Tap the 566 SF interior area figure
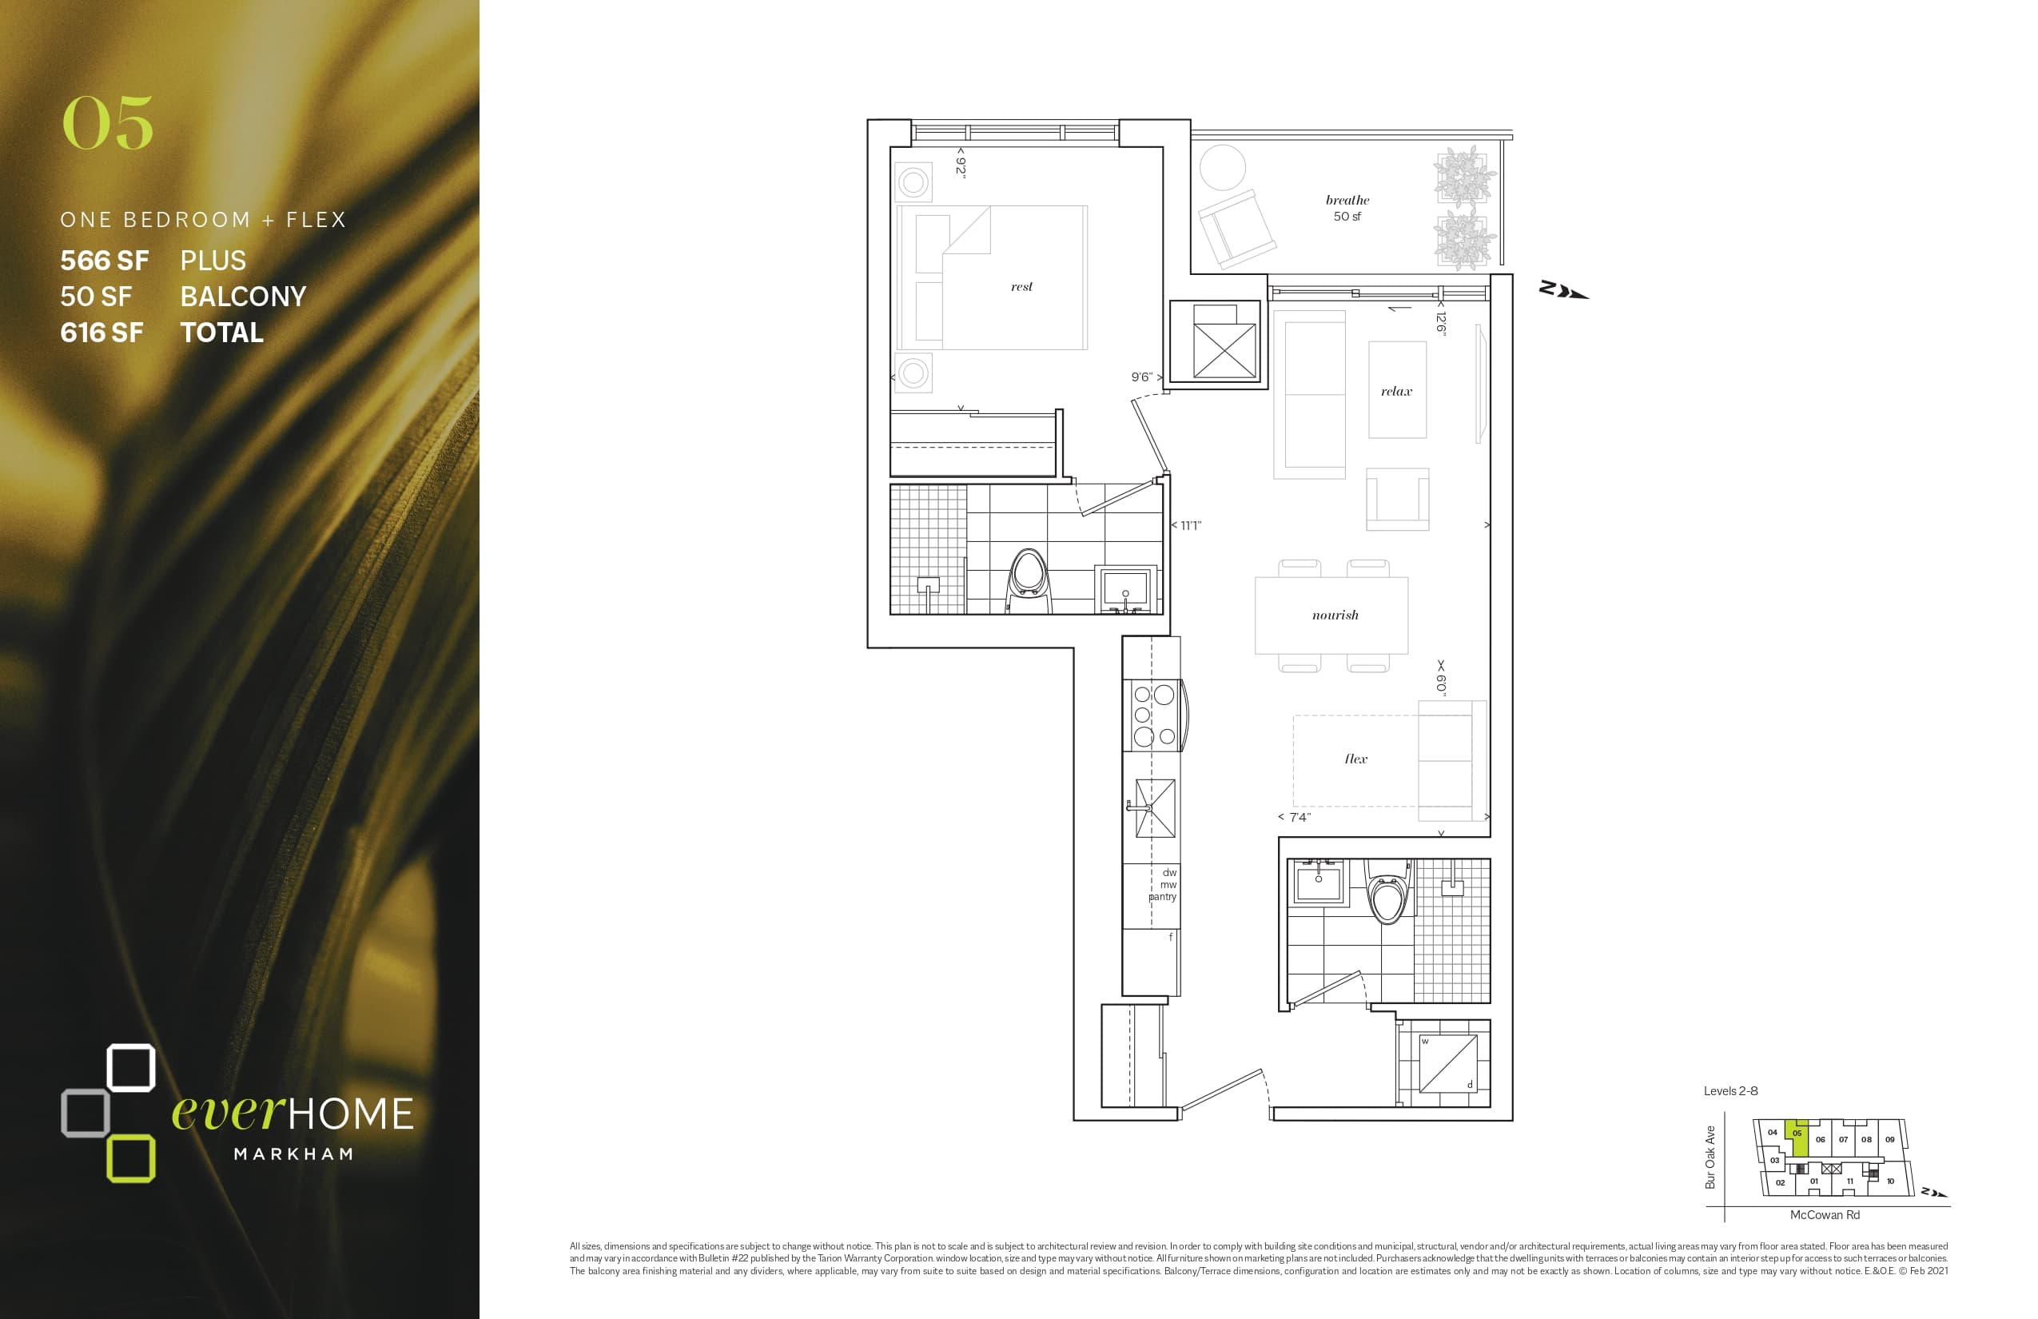click(105, 261)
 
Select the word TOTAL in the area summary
click(222, 333)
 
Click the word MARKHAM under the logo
click(294, 1154)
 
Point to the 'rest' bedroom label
click(1021, 287)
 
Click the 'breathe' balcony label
click(1347, 201)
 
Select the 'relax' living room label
click(1395, 392)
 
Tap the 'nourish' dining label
click(1335, 615)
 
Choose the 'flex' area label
click(1355, 759)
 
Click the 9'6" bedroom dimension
click(1141, 377)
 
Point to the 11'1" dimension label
click(1191, 526)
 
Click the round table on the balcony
click(1222, 168)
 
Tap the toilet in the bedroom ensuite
click(1029, 578)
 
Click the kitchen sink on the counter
click(1155, 807)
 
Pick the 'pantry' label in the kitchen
click(1162, 897)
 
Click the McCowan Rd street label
click(1824, 1214)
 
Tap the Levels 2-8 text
click(1730, 1091)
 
